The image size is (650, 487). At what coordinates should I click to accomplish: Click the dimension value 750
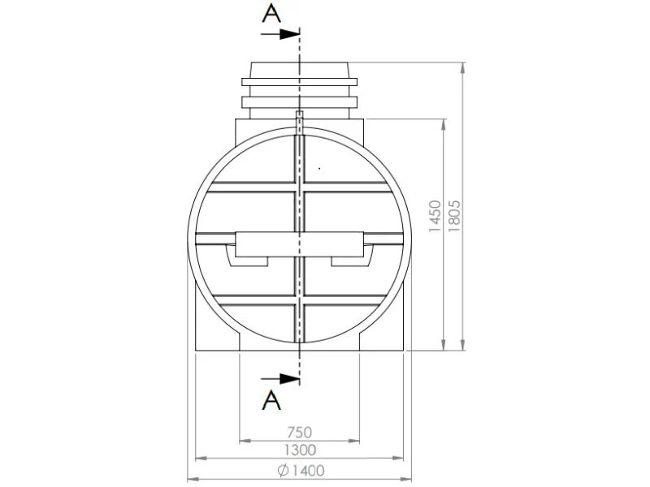299,433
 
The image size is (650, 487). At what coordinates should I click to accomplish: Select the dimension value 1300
300,450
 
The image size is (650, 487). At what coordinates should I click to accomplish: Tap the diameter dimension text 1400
308,471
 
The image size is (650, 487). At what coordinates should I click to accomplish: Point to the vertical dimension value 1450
435,216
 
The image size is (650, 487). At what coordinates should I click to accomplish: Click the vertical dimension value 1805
454,216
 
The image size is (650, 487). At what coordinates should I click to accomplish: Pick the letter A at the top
271,14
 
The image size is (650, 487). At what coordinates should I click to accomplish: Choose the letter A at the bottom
271,400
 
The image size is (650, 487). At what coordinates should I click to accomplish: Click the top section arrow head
289,34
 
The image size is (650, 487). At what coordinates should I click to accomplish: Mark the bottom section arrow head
289,378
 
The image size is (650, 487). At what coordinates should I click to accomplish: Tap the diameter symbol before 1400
284,471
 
